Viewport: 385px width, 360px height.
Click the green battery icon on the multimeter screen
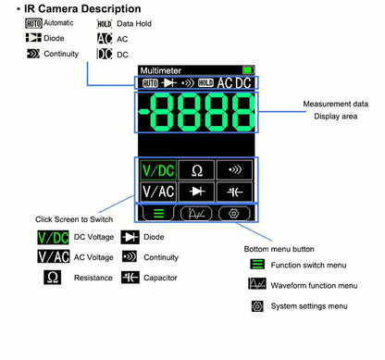[x=246, y=70]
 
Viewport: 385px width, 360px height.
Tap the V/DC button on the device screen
[x=157, y=170]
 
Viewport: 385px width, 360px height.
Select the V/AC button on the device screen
[x=157, y=192]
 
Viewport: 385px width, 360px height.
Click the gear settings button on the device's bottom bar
[x=234, y=213]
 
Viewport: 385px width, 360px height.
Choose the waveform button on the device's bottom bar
[x=196, y=213]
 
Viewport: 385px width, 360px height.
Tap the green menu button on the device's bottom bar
[x=157, y=213]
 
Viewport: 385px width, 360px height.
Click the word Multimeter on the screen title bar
[x=160, y=70]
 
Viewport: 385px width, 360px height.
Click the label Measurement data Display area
[x=335, y=111]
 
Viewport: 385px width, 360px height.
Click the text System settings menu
[x=308, y=306]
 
